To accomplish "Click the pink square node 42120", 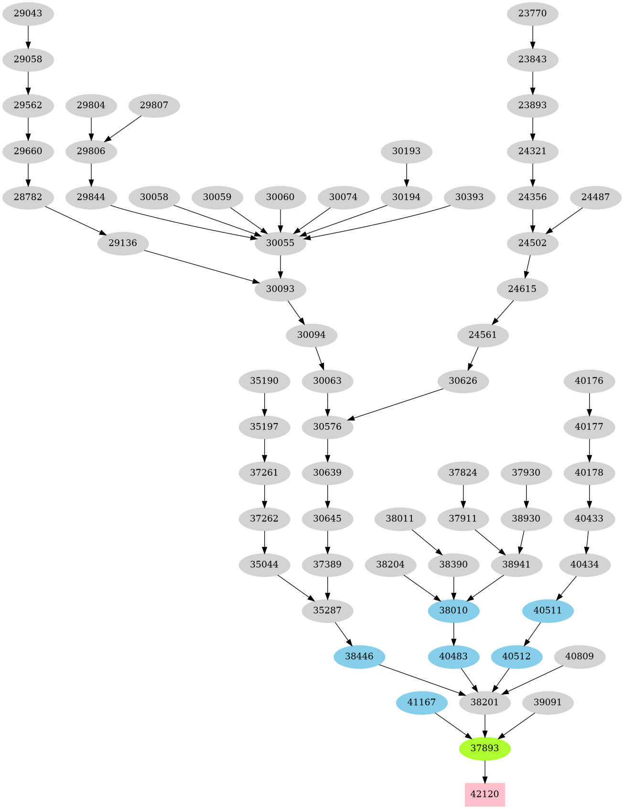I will pos(484,794).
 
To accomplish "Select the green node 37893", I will pos(484,748).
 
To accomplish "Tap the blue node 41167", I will pos(421,702).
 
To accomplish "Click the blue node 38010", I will pos(453,610).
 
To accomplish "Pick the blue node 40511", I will pos(548,610).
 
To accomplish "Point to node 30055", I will pos(280,243).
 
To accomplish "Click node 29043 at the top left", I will pos(28,13).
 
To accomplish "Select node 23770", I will pos(532,13).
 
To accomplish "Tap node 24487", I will pos(595,197).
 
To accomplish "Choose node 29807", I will pos(154,105).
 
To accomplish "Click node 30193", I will pos(406,151).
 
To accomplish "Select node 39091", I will pos(548,702).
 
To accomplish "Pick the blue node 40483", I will pos(453,656).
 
